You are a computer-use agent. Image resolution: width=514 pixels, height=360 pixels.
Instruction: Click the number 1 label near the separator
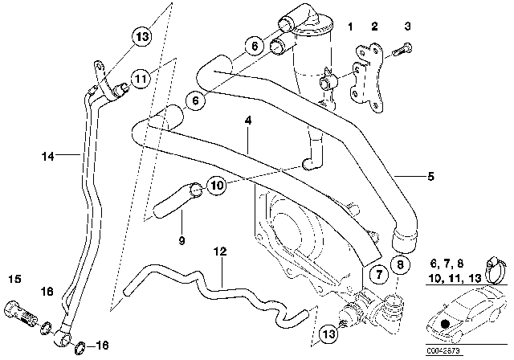350,27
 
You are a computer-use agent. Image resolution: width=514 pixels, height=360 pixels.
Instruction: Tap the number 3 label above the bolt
407,27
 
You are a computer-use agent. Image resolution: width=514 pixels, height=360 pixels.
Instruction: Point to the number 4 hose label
249,121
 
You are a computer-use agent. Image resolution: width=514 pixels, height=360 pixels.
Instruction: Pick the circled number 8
399,264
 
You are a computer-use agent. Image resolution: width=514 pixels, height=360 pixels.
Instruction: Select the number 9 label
182,239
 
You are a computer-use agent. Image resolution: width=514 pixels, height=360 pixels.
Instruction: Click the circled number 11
141,79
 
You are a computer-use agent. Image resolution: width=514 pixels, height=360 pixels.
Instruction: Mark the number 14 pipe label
49,157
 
